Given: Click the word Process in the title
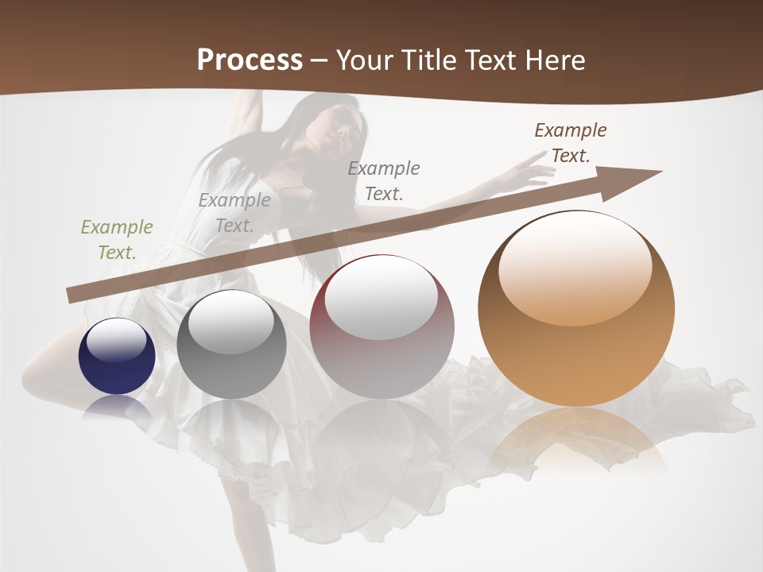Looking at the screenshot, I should [250, 60].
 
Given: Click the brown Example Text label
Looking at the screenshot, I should [571, 143].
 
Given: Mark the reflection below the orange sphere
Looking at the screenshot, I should [577, 437].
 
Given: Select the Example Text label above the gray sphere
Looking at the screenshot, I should [234, 213].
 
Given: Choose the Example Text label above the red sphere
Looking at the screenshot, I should [384, 181].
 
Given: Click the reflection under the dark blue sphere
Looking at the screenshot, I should [117, 407].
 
